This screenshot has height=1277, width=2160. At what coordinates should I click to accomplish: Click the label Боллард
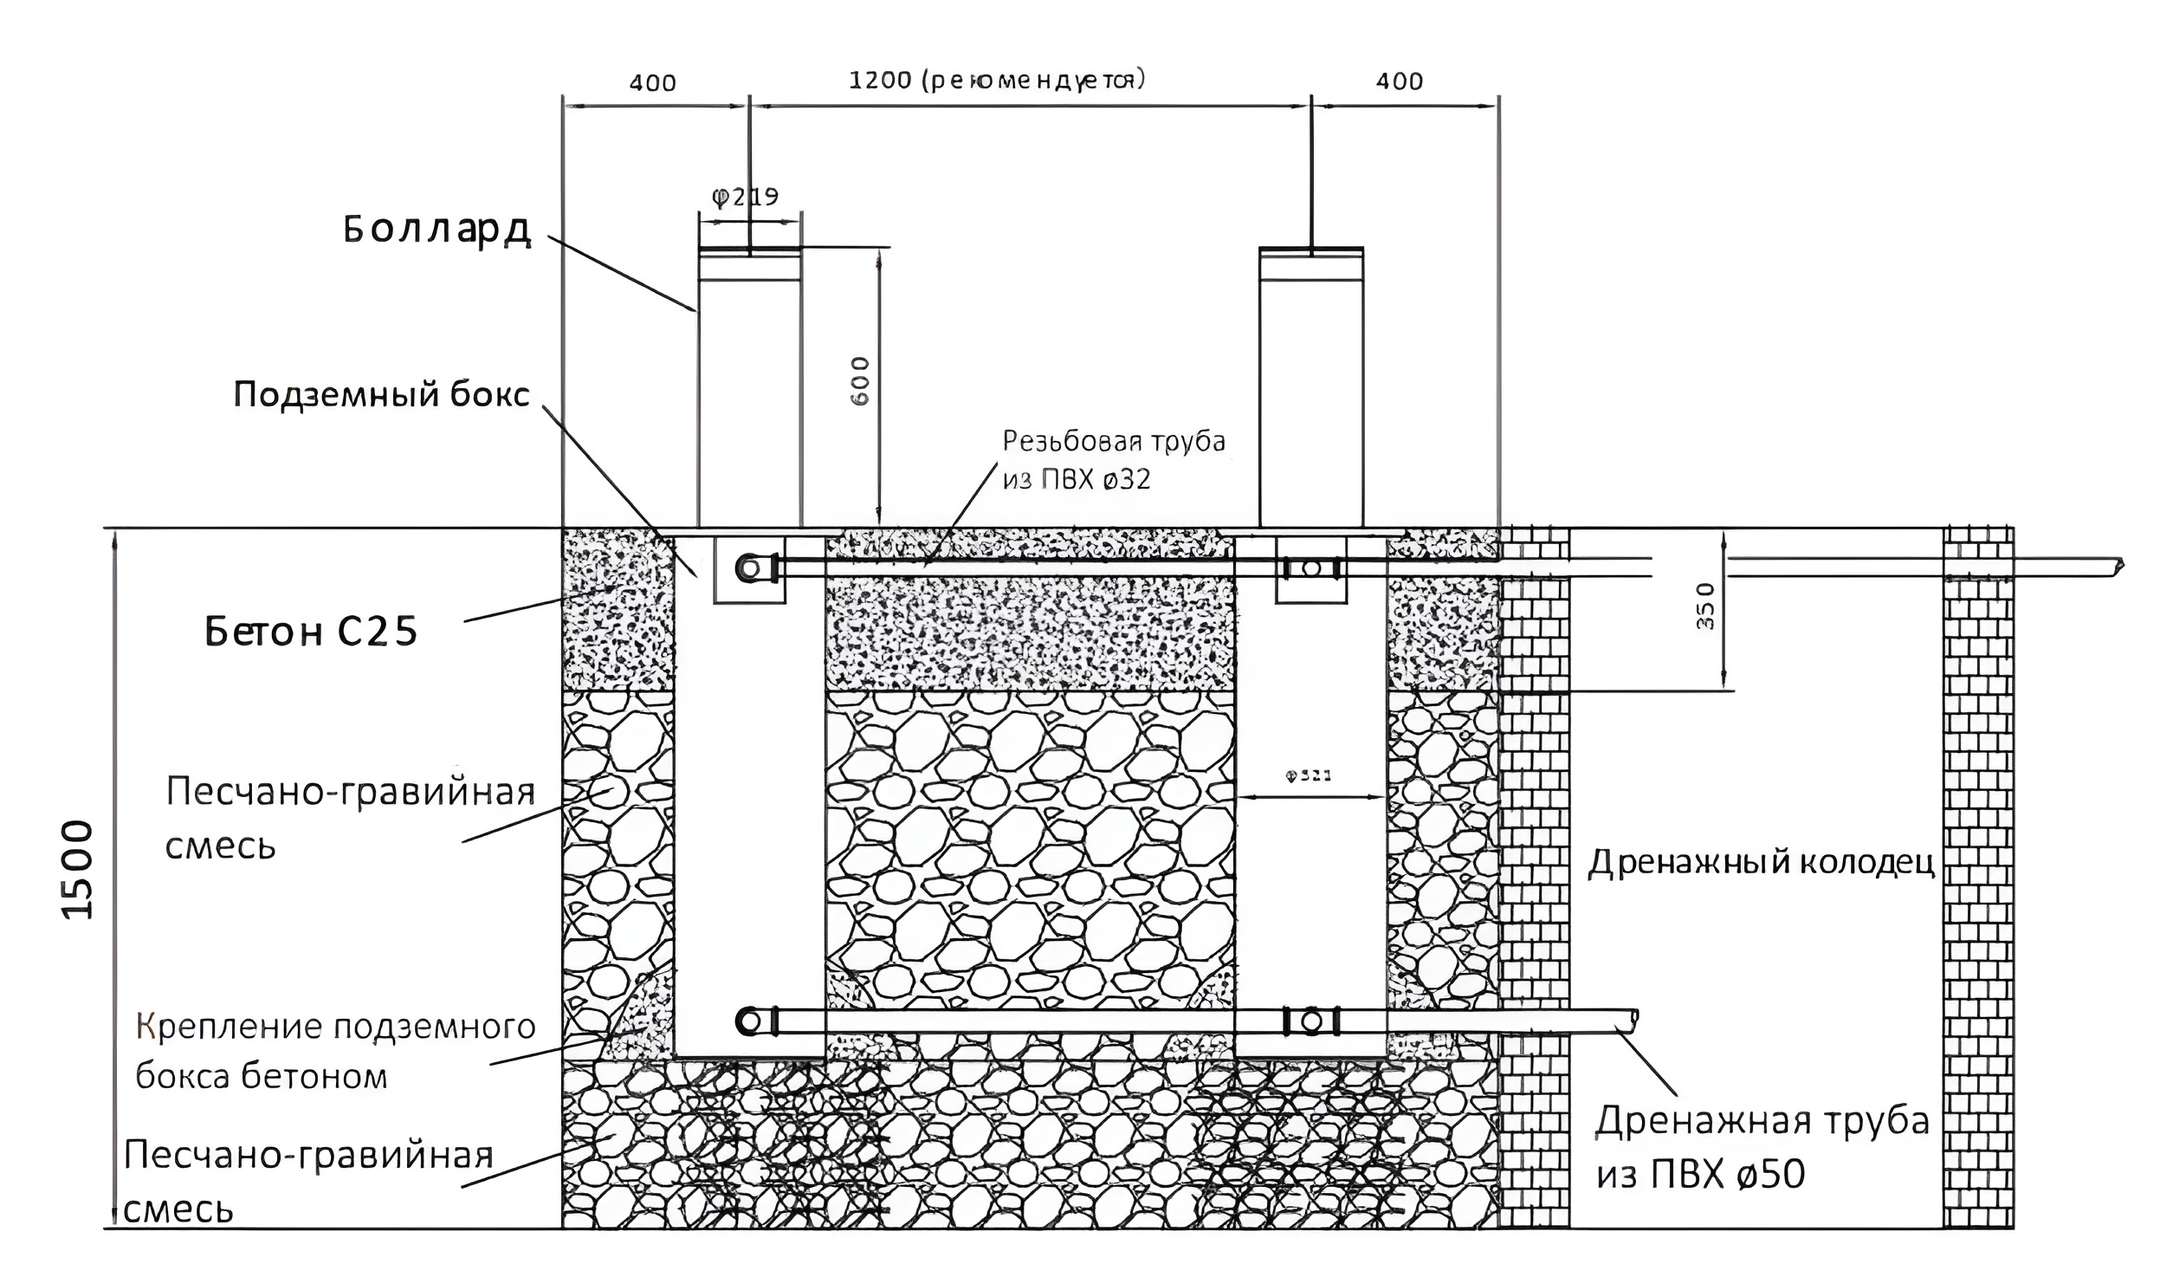[437, 230]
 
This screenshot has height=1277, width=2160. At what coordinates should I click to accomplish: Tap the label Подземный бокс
[381, 395]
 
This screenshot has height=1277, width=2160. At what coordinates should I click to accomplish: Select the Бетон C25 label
[311, 632]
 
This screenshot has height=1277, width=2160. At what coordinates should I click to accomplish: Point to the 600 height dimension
[860, 381]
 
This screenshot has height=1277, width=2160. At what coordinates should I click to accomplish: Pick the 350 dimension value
[1704, 606]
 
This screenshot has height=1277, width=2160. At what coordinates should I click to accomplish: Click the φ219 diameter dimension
[746, 198]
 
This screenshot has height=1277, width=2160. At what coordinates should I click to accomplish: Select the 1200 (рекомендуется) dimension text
[997, 81]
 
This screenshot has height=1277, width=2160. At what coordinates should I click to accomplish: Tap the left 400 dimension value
[652, 83]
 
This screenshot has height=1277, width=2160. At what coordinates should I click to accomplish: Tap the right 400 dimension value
[1400, 82]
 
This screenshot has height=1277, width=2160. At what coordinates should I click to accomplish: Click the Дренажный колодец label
[1761, 863]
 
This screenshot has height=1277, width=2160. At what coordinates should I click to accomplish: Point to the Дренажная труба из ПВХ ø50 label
[1762, 1147]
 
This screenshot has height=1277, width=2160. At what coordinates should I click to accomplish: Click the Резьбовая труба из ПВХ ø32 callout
[1114, 460]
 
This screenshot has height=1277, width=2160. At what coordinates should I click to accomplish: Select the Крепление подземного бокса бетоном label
[336, 1051]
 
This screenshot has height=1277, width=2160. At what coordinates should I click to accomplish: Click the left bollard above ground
[749, 390]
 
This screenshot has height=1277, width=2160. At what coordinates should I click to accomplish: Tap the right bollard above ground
[1310, 390]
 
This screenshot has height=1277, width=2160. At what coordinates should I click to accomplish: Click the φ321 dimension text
[1308, 776]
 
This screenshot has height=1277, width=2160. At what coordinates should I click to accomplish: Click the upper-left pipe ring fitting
[750, 569]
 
